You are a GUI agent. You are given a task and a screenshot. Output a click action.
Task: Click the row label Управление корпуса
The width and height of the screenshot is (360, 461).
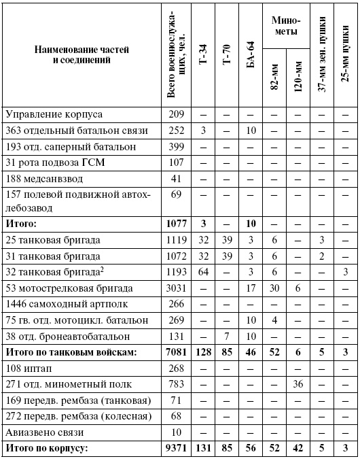click(x=45, y=114)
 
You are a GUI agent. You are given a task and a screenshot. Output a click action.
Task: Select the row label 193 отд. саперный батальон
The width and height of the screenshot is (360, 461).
click(x=61, y=146)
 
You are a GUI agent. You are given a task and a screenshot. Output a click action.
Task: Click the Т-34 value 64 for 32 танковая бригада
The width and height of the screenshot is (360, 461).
click(x=204, y=272)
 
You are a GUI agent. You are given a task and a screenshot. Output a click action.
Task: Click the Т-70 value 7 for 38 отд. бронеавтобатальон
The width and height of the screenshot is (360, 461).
click(x=228, y=335)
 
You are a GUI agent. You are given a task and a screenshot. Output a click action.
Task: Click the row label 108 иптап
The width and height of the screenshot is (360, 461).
click(x=28, y=368)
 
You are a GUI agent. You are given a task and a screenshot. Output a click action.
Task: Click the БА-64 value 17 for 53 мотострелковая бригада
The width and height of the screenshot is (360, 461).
click(x=251, y=288)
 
